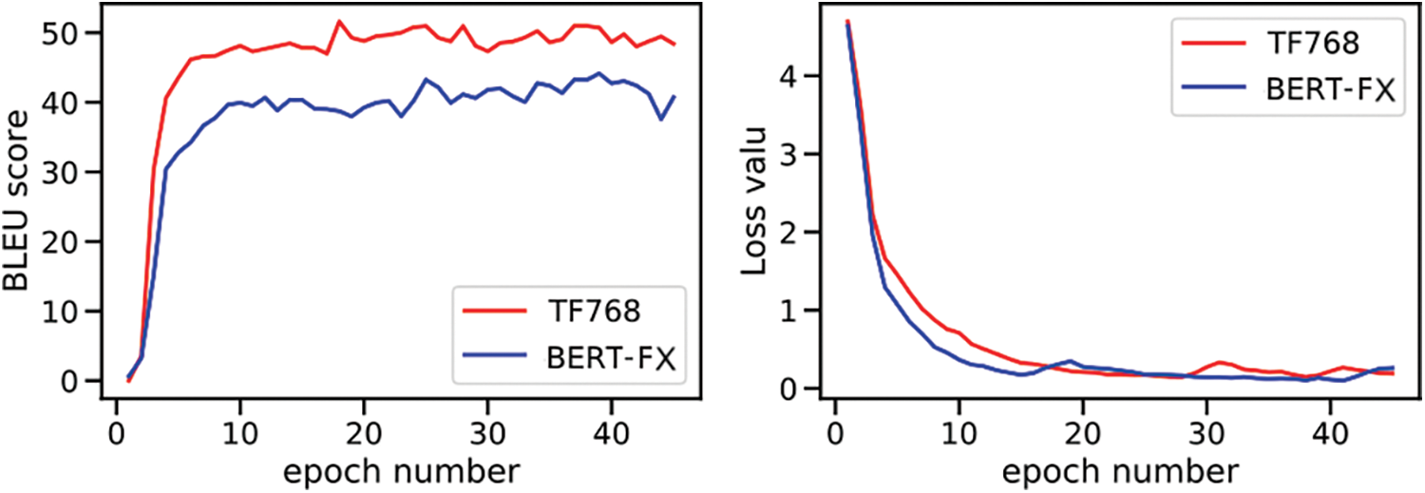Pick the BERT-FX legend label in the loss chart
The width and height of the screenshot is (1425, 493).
coord(1328,91)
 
